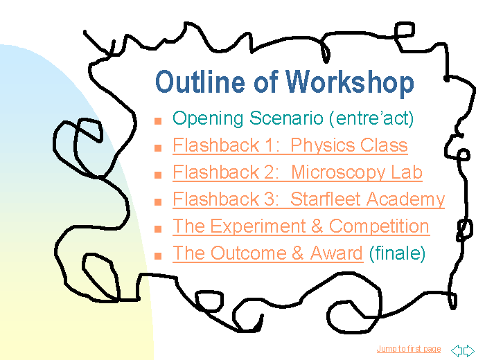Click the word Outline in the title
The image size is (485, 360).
tap(200, 82)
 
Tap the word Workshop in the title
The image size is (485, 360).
tap(349, 82)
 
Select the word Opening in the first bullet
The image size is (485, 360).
tap(208, 119)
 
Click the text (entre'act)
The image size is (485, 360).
tap(371, 118)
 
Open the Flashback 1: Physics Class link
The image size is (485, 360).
tap(290, 145)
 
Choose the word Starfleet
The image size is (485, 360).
tap(326, 199)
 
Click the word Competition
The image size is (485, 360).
tap(379, 226)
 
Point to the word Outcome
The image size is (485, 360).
tap(249, 253)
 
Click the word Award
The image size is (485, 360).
tap(336, 253)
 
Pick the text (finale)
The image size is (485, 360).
tap(398, 253)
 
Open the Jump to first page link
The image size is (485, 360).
tap(409, 349)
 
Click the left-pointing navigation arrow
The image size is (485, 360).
tap(457, 350)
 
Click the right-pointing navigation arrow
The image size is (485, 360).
tap(469, 350)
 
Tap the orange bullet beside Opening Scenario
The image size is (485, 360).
tap(158, 121)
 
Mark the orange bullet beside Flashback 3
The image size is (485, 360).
tap(158, 201)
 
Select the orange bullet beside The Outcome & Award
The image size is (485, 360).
tap(158, 256)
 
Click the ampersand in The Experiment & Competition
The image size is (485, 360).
tap(317, 226)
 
